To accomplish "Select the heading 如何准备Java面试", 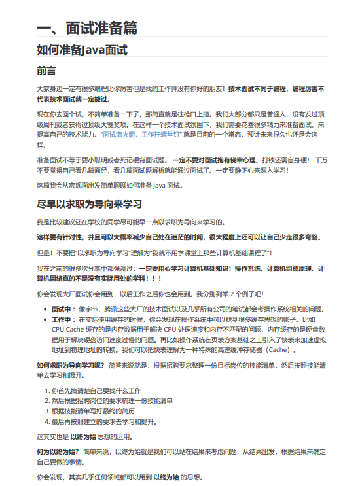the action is [82, 50].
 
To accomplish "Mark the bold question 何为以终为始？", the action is [58, 451].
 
